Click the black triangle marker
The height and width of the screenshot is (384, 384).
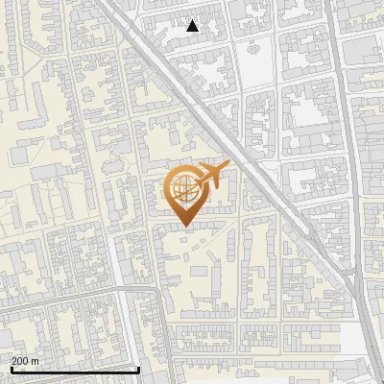tap(193, 26)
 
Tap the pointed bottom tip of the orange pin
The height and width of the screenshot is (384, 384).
tap(183, 227)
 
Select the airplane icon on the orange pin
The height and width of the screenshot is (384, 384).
tap(212, 176)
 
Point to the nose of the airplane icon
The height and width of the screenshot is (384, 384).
tap(228, 166)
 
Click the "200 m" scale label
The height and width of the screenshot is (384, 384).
tap(25, 360)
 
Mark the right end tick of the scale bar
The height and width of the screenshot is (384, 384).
tap(139, 369)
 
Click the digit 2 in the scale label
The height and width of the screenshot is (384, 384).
tap(14, 360)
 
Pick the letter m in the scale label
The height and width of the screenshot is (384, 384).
tap(36, 360)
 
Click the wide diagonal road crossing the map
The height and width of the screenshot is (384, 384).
tap(230, 144)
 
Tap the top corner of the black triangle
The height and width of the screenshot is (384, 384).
tap(193, 20)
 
